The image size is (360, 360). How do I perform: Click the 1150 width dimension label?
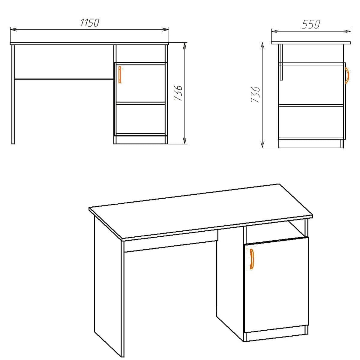89,23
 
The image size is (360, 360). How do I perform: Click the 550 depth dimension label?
311,24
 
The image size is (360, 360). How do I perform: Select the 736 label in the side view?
255,94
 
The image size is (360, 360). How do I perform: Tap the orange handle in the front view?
119,74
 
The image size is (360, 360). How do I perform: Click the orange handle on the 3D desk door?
252,258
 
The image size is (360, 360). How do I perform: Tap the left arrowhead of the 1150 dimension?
13,29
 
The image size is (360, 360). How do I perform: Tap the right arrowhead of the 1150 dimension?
166,29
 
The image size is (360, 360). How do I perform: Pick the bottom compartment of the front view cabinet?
140,119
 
